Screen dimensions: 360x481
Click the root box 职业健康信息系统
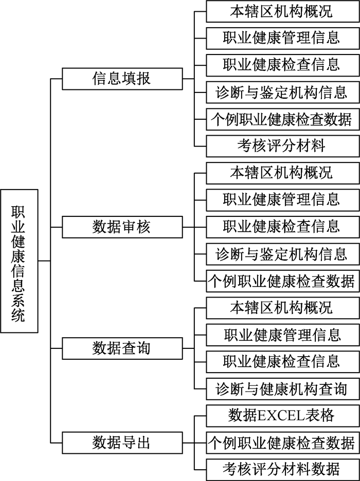pos(20,261)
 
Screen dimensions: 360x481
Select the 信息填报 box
pos(122,79)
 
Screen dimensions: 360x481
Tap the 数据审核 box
pos(122,227)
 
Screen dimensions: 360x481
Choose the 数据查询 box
pos(122,348)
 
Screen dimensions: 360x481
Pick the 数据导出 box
pos(122,442)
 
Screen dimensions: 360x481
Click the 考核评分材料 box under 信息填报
pos(283,146)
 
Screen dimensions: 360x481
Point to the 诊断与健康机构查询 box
pos(283,388)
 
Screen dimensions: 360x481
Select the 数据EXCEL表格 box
pos(283,416)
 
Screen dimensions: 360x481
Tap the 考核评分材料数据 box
pos(283,470)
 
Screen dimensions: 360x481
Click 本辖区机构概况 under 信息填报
pos(283,11)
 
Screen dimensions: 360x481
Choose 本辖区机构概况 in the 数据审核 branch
pos(283,173)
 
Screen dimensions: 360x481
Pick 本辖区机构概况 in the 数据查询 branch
pos(283,308)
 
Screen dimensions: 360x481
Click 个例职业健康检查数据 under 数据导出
pos(283,442)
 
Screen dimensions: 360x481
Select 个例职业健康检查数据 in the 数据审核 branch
pos(283,281)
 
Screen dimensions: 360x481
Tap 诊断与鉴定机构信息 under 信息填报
pos(283,92)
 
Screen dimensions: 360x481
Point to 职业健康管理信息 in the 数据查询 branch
pos(283,335)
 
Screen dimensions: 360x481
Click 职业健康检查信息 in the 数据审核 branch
pos(283,227)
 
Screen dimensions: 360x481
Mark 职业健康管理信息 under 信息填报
pos(283,39)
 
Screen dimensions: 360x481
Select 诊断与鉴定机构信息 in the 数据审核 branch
pos(283,254)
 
